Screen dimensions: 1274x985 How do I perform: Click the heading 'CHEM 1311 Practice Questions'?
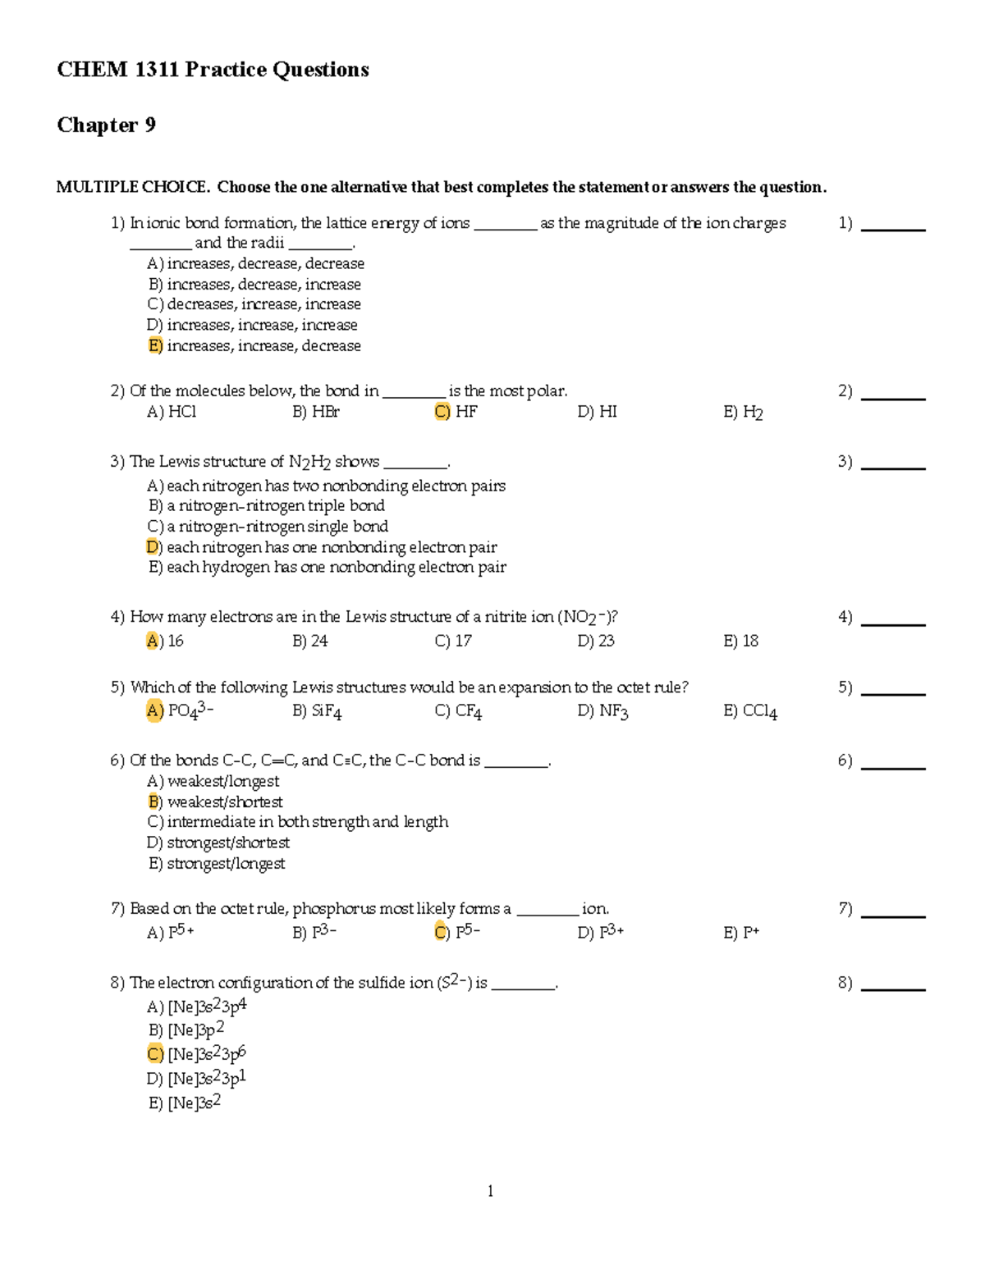[213, 70]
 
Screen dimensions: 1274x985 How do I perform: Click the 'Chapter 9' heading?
[106, 125]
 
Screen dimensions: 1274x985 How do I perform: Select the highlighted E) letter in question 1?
[155, 345]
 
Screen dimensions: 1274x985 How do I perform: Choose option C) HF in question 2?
[456, 412]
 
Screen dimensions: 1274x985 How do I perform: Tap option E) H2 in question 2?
[743, 412]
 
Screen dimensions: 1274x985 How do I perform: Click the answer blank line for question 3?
[892, 468]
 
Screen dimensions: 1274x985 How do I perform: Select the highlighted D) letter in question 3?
[153, 547]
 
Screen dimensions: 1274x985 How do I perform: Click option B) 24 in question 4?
[309, 641]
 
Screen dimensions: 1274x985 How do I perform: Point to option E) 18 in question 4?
[740, 641]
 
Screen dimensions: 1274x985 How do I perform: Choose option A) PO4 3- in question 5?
[180, 710]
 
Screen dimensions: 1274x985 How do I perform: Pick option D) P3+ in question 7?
[600, 932]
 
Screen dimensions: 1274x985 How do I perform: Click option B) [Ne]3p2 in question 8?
[186, 1030]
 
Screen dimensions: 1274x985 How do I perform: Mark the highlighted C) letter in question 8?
[155, 1054]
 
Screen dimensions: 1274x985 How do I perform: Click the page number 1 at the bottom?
[490, 1191]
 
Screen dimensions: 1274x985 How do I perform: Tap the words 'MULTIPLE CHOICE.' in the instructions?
[132, 187]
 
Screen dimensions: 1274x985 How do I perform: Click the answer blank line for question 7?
[892, 916]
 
